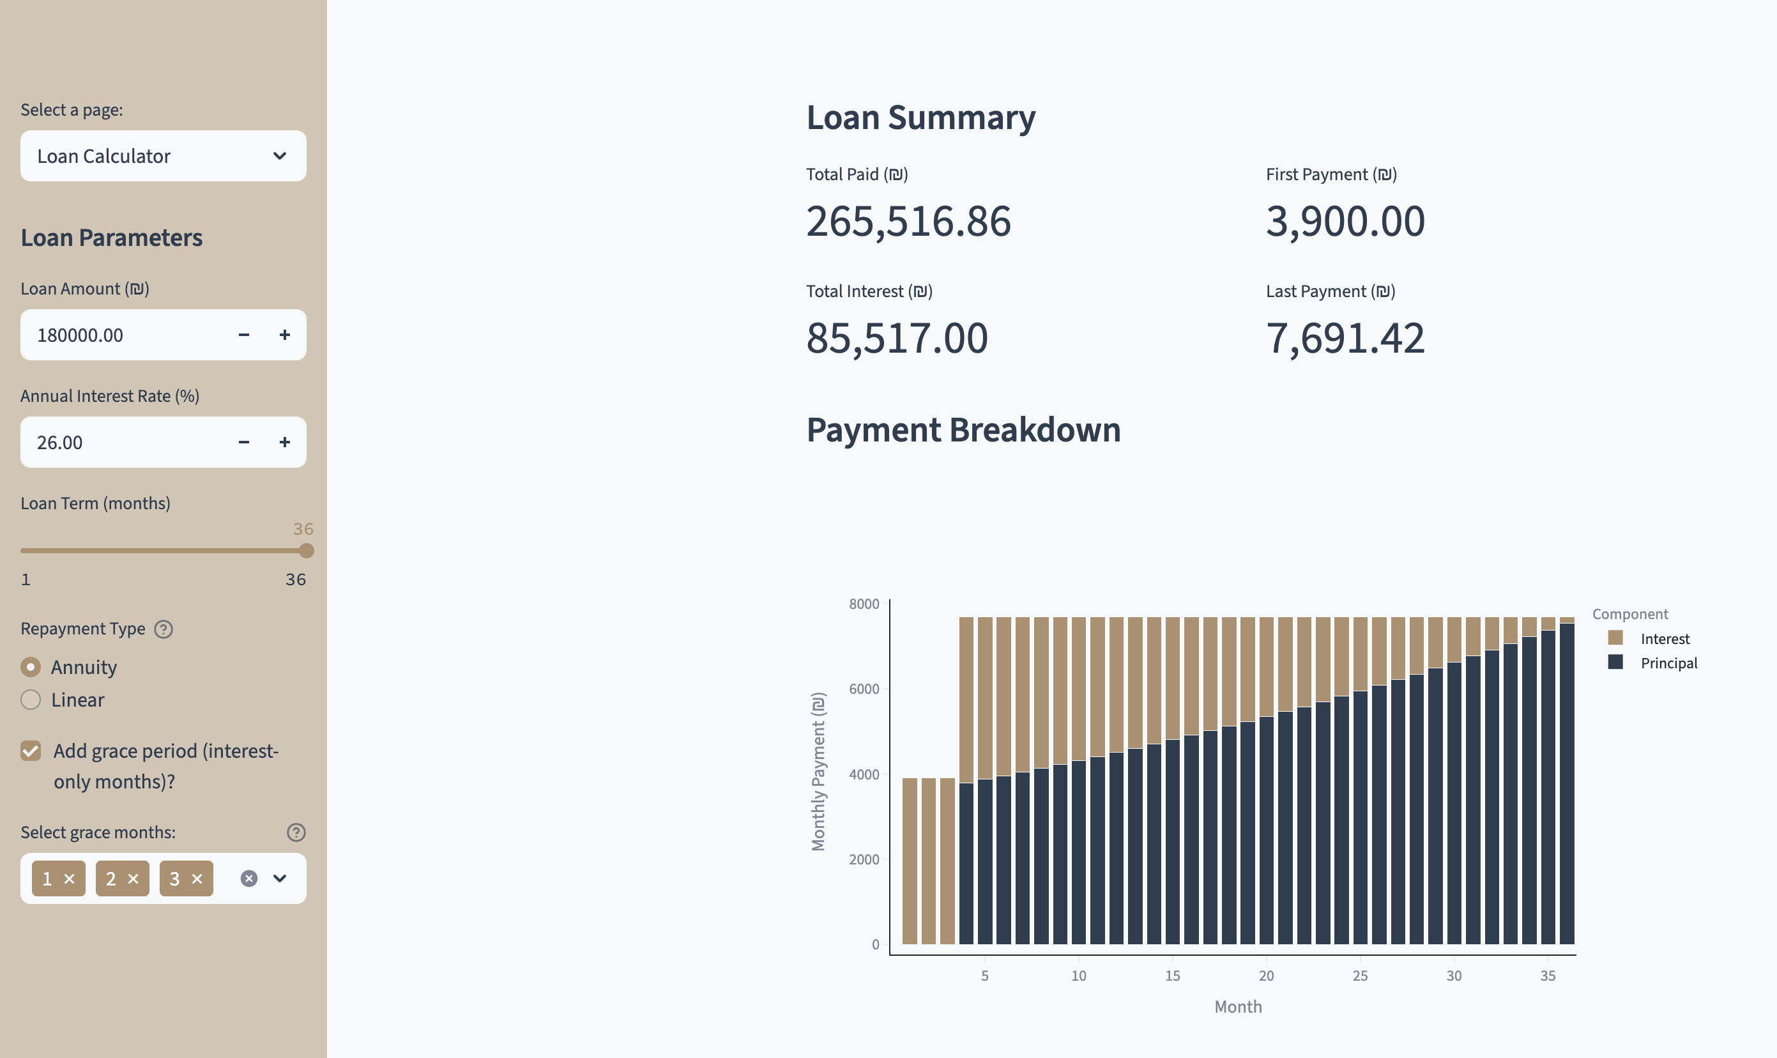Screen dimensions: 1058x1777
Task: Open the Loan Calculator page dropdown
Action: pyautogui.click(x=164, y=156)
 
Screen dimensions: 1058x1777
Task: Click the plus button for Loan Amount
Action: pyautogui.click(x=284, y=335)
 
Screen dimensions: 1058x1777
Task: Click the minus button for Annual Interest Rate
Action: pyautogui.click(x=244, y=443)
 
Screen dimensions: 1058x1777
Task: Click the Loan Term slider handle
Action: pyautogui.click(x=307, y=550)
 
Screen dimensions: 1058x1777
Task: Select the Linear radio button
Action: pyautogui.click(x=31, y=700)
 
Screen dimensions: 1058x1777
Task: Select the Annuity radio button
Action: pyautogui.click(x=31, y=667)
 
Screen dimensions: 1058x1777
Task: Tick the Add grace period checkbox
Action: pyautogui.click(x=31, y=751)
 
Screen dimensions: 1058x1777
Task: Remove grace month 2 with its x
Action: pyautogui.click(x=133, y=879)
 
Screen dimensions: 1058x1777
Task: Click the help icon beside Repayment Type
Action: pyautogui.click(x=164, y=629)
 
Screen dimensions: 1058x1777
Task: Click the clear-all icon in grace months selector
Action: pyautogui.click(x=248, y=878)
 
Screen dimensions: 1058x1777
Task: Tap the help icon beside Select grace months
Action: pyautogui.click(x=296, y=832)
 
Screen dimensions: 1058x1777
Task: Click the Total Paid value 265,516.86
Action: pyautogui.click(x=908, y=221)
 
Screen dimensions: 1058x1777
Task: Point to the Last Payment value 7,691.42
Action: pyautogui.click(x=1345, y=338)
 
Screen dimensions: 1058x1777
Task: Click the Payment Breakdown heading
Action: pyautogui.click(x=963, y=430)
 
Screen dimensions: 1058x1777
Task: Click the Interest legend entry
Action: pyautogui.click(x=1664, y=639)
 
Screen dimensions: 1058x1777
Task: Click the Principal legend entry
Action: pyautogui.click(x=1668, y=663)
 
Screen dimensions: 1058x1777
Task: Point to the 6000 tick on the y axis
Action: pyautogui.click(x=864, y=689)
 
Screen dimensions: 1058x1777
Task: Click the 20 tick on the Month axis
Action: pyautogui.click(x=1266, y=976)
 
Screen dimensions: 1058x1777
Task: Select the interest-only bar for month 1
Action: pyautogui.click(x=910, y=861)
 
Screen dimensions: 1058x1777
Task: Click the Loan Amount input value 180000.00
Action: pyautogui.click(x=80, y=335)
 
